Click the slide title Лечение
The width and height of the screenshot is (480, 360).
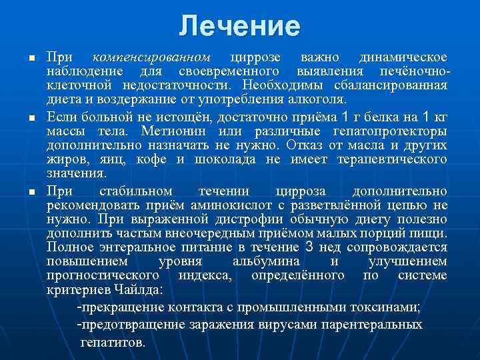(x=240, y=26)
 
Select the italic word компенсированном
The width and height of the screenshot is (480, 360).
(x=152, y=57)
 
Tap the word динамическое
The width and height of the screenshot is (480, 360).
(x=403, y=57)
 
